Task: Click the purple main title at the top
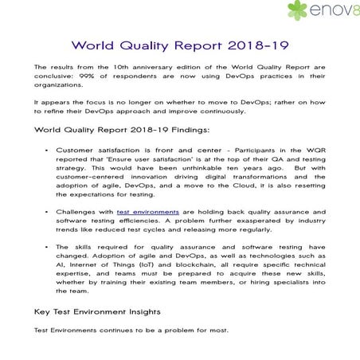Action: click(179, 45)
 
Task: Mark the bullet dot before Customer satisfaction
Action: click(49, 148)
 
